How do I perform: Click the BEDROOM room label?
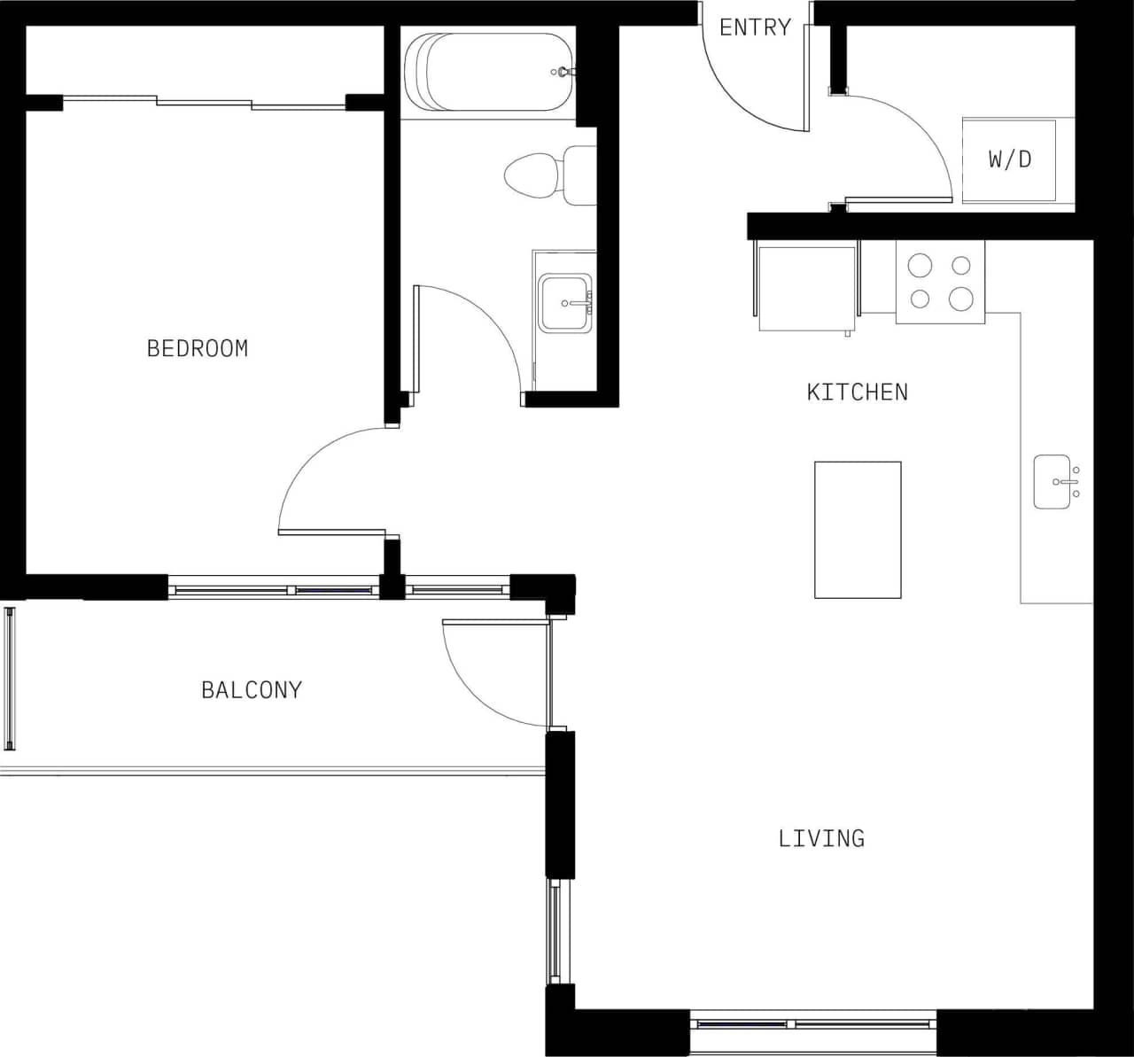[198, 348]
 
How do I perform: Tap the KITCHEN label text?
[857, 392]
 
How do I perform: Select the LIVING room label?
[821, 838]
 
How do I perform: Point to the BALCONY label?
[252, 689]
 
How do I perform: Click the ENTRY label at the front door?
[755, 27]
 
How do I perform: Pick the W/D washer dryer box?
[1010, 160]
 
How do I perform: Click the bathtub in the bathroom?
[489, 72]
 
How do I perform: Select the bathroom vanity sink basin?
[564, 303]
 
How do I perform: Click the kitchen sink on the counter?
[1053, 483]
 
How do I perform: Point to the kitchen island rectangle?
[858, 530]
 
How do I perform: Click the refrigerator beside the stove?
[806, 288]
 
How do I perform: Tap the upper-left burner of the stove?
[920, 265]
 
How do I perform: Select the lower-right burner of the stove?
[961, 299]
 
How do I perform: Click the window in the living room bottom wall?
[813, 1024]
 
